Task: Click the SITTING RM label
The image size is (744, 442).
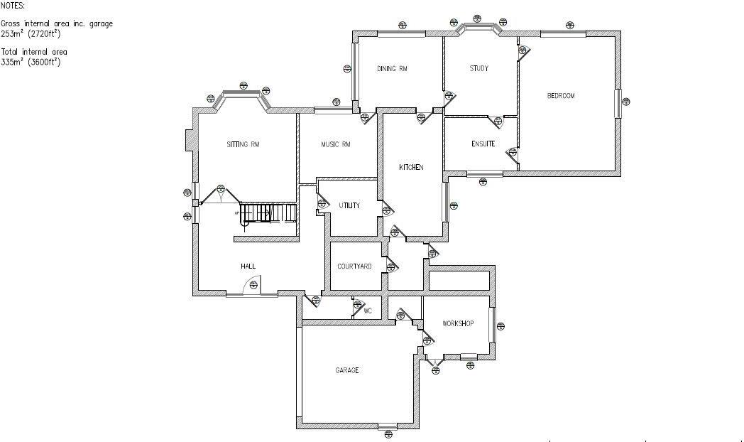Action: (243, 145)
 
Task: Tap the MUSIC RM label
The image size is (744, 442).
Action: (336, 145)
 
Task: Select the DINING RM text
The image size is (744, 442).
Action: (392, 69)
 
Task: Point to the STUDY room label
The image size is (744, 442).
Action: (479, 69)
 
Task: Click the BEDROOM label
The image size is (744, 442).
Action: (561, 96)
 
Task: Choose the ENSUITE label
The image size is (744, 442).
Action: (483, 144)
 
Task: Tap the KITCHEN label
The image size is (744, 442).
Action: (411, 168)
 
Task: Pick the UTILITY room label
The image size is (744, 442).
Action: (349, 206)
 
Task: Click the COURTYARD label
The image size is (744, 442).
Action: (354, 267)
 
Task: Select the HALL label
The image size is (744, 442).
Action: (248, 266)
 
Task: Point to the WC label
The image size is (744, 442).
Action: (368, 311)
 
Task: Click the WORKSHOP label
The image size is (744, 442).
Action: (458, 324)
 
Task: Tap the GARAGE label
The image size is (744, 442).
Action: (347, 370)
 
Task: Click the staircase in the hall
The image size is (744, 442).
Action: (268, 213)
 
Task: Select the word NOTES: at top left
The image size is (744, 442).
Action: (13, 6)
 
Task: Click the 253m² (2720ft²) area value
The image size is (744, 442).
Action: (30, 33)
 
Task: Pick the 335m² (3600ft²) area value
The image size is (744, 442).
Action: (30, 62)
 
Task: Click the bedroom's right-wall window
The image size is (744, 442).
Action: (618, 103)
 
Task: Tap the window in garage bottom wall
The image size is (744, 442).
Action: (387, 426)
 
